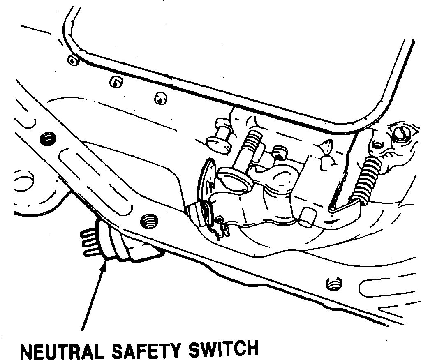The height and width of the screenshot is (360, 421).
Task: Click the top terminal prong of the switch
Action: tap(88, 233)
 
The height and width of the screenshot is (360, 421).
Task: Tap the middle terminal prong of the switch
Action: tap(88, 242)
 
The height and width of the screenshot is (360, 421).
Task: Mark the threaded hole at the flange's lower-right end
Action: tap(333, 283)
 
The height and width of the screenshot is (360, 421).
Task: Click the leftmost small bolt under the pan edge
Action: tap(73, 60)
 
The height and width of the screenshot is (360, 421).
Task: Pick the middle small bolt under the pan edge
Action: tap(116, 82)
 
